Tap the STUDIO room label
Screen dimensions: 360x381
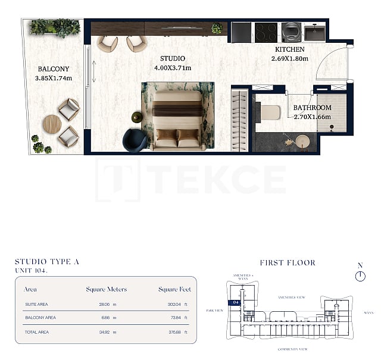coord(173,58)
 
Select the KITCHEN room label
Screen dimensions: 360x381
coord(290,49)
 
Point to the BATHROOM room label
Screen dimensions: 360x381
coord(312,108)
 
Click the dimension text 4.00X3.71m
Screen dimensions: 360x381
coord(173,68)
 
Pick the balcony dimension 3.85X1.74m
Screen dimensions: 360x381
coord(53,78)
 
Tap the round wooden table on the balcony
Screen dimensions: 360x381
coord(51,124)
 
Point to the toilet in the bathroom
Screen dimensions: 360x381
coord(270,112)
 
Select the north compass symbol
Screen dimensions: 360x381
coord(360,276)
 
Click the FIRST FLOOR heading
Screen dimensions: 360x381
coord(288,262)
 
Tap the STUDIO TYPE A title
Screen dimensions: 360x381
coord(47,261)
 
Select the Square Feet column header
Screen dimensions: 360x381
coord(174,289)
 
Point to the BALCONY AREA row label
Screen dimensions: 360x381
coord(40,318)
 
